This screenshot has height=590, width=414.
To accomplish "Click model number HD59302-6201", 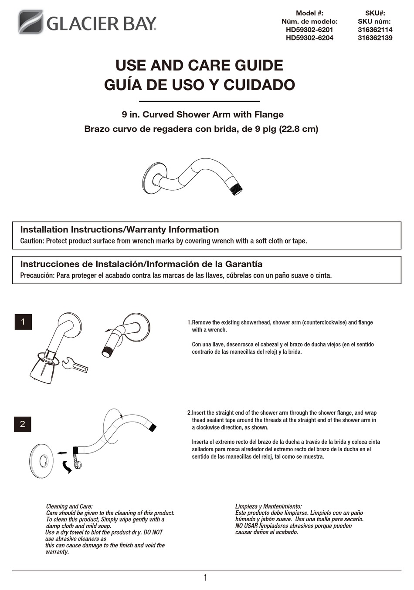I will point(309,30).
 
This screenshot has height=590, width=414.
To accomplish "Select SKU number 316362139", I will point(375,38).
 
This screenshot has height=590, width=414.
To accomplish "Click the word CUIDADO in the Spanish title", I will point(259,85).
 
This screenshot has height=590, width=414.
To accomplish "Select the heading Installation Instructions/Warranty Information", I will point(119,230).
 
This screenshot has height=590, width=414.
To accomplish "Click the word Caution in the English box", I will point(31,241).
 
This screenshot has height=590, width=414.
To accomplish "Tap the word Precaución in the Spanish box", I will point(37,275).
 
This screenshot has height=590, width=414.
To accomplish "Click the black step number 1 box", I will point(23,322).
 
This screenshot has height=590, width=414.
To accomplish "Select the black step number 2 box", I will point(23,424).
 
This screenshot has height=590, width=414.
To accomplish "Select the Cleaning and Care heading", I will point(69,506).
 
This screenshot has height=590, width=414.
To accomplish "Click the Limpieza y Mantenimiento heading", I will point(268,506).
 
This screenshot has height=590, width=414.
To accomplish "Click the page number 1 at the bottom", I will point(205,578).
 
